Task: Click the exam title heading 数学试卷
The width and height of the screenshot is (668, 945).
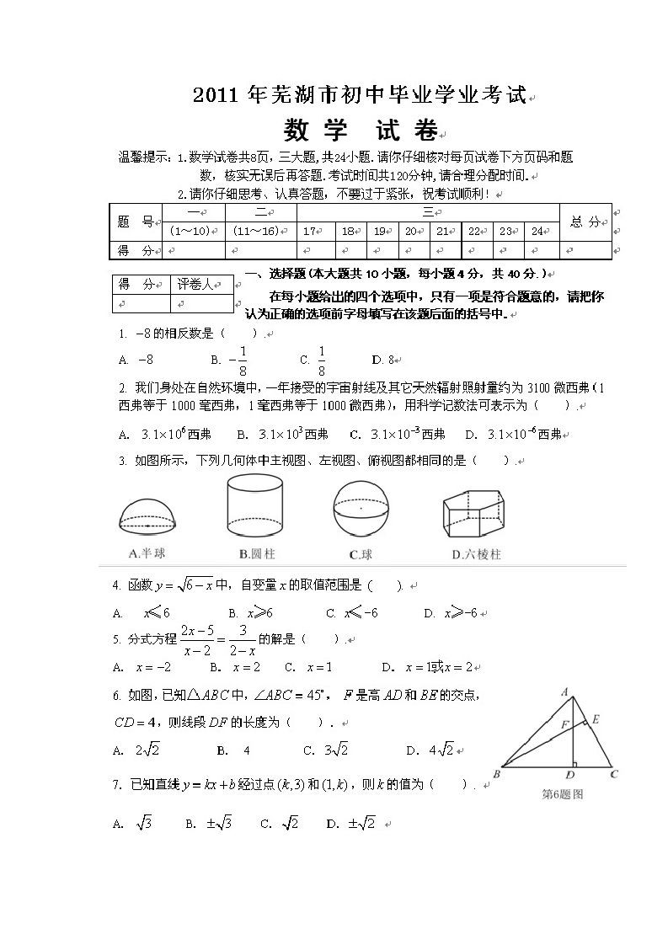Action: pos(361,131)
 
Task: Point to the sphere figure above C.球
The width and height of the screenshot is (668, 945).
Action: pos(361,507)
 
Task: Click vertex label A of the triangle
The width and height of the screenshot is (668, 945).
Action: pos(565,692)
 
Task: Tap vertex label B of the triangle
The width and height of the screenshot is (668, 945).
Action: pos(496,773)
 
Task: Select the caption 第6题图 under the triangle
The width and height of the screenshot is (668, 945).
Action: pos(562,793)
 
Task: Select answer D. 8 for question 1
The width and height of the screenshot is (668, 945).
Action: pos(383,360)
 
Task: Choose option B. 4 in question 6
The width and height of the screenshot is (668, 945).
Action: pos(233,750)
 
